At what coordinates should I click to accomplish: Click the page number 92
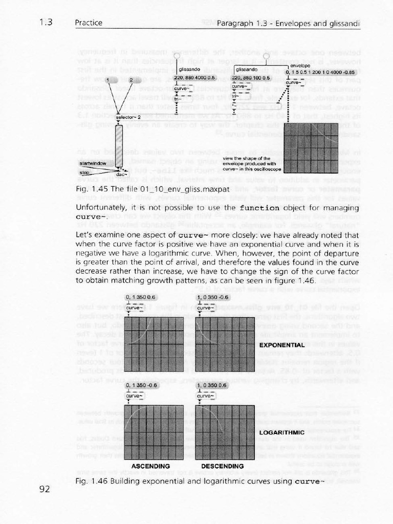[x=45, y=489]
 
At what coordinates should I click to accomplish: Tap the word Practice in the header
[x=89, y=23]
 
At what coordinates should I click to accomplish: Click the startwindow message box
[x=93, y=163]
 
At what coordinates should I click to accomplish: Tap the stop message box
[x=84, y=173]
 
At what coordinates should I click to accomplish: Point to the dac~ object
[x=121, y=174]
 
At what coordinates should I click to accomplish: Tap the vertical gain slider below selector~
[x=119, y=144]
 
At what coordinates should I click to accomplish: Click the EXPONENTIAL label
[x=282, y=345]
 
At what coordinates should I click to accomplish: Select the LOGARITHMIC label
[x=282, y=432]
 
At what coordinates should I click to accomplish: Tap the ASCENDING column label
[x=150, y=466]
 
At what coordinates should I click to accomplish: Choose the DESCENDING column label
[x=222, y=466]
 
